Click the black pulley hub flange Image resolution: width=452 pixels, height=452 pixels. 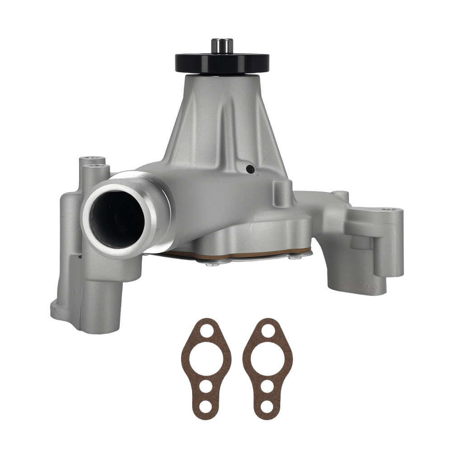tap(222, 63)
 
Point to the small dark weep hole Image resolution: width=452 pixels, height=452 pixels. tap(250, 169)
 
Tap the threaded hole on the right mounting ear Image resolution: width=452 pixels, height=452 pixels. tap(385, 210)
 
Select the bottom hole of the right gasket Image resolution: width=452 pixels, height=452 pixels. tap(268, 406)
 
